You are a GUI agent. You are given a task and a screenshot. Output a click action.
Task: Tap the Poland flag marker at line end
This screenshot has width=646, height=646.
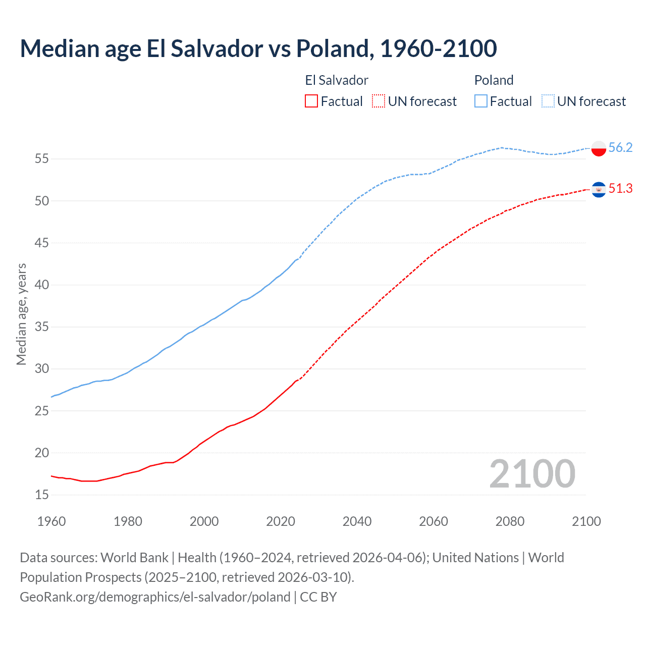click(599, 148)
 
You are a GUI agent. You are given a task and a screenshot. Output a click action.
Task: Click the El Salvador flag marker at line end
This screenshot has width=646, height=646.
click(599, 189)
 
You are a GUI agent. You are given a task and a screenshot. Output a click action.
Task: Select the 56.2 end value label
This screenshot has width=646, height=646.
click(620, 147)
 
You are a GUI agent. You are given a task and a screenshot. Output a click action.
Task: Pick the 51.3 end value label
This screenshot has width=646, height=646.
click(620, 188)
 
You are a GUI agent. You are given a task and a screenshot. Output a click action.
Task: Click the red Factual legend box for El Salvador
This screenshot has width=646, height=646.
click(311, 101)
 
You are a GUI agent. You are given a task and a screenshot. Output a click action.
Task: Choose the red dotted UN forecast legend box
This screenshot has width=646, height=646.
click(379, 101)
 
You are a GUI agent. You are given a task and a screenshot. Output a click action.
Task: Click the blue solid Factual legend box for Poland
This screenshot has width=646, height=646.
click(481, 101)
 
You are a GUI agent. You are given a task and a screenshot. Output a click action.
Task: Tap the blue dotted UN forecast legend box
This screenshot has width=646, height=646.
click(548, 101)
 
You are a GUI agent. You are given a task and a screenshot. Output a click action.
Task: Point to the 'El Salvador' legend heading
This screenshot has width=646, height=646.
click(337, 80)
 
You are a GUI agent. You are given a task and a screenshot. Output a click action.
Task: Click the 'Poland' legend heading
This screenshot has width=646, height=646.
click(494, 80)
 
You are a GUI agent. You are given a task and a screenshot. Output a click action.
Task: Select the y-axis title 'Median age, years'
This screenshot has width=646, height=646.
click(21, 314)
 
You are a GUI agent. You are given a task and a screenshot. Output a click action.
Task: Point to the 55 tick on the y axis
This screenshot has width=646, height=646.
click(41, 159)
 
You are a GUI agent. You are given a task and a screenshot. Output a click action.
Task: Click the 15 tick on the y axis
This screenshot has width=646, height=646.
click(41, 495)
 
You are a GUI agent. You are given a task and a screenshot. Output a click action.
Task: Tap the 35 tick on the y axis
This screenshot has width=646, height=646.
click(41, 327)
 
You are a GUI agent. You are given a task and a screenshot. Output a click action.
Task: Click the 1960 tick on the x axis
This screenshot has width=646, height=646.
click(51, 521)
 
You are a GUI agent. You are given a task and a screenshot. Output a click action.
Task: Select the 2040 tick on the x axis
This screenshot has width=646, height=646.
click(357, 521)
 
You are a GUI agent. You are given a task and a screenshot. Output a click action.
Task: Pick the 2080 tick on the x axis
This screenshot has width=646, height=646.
click(510, 521)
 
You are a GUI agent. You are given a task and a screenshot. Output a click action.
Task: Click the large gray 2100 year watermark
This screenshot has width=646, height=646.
click(532, 474)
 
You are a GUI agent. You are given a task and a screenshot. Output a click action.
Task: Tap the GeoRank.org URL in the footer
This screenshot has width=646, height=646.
click(155, 597)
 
